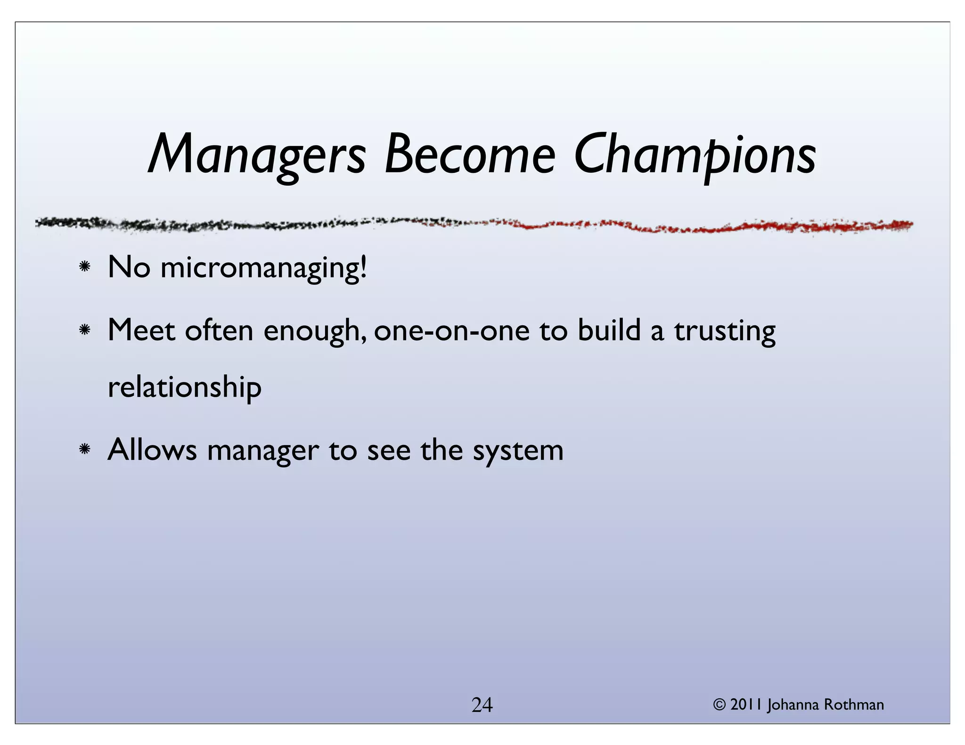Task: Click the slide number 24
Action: pyautogui.click(x=482, y=705)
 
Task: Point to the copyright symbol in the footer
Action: pyautogui.click(x=719, y=705)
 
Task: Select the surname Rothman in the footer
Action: pyautogui.click(x=854, y=705)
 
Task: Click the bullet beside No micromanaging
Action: pyautogui.click(x=85, y=267)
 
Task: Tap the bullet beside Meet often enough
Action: pyautogui.click(x=85, y=330)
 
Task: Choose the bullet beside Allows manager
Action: pyautogui.click(x=85, y=450)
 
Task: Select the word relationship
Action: pyautogui.click(x=184, y=388)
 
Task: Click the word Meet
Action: pyautogui.click(x=141, y=330)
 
